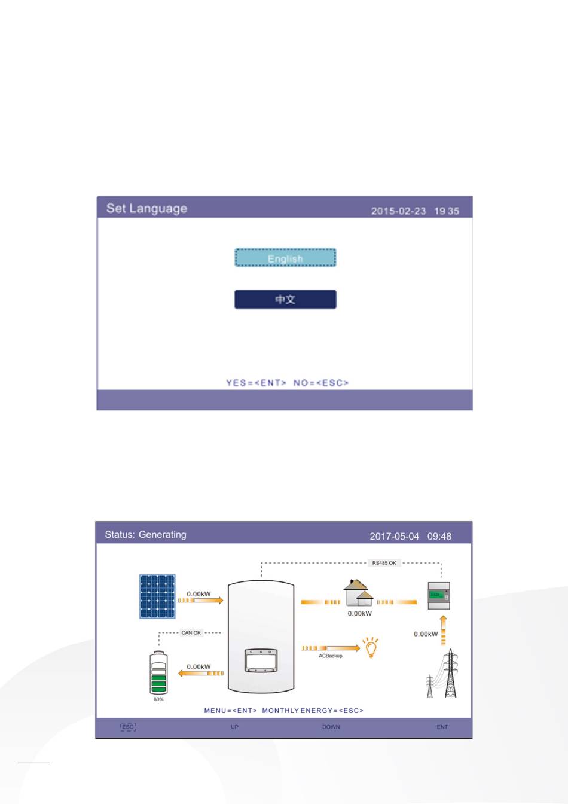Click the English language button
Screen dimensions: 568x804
(x=285, y=258)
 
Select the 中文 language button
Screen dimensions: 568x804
(x=285, y=299)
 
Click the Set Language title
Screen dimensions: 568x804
(x=146, y=209)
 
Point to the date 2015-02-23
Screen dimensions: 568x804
(x=398, y=211)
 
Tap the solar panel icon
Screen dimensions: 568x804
(x=157, y=596)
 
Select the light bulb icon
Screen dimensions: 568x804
(x=371, y=647)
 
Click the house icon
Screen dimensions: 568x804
(x=358, y=593)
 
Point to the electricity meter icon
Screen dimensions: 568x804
(x=439, y=596)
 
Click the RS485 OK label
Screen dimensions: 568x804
(x=384, y=563)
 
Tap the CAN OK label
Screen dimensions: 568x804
(x=191, y=632)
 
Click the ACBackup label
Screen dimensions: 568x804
(x=331, y=656)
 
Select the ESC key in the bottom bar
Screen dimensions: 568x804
(x=128, y=727)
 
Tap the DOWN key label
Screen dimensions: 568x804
(x=331, y=727)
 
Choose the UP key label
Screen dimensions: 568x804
(x=234, y=727)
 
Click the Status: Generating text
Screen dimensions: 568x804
(x=145, y=534)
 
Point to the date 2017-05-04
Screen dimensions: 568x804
(x=395, y=536)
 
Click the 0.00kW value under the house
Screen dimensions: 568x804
(x=359, y=613)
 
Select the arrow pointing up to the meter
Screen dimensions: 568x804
(x=444, y=631)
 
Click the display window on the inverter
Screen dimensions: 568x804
(x=261, y=660)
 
